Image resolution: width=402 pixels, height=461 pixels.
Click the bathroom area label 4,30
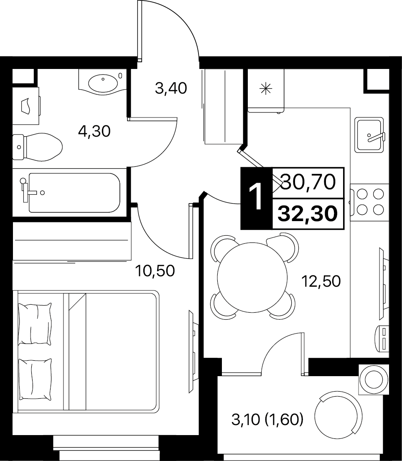point(94,131)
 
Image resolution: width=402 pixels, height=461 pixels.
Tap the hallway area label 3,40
point(171,88)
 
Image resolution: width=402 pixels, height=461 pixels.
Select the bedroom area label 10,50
point(155,271)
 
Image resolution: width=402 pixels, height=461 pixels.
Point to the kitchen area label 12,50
point(321,281)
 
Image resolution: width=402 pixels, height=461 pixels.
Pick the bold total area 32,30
point(308,214)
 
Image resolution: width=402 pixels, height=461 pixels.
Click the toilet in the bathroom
point(37,147)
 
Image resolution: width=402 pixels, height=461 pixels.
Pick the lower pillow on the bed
point(35,379)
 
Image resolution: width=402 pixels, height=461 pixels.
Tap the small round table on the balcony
point(374,379)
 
